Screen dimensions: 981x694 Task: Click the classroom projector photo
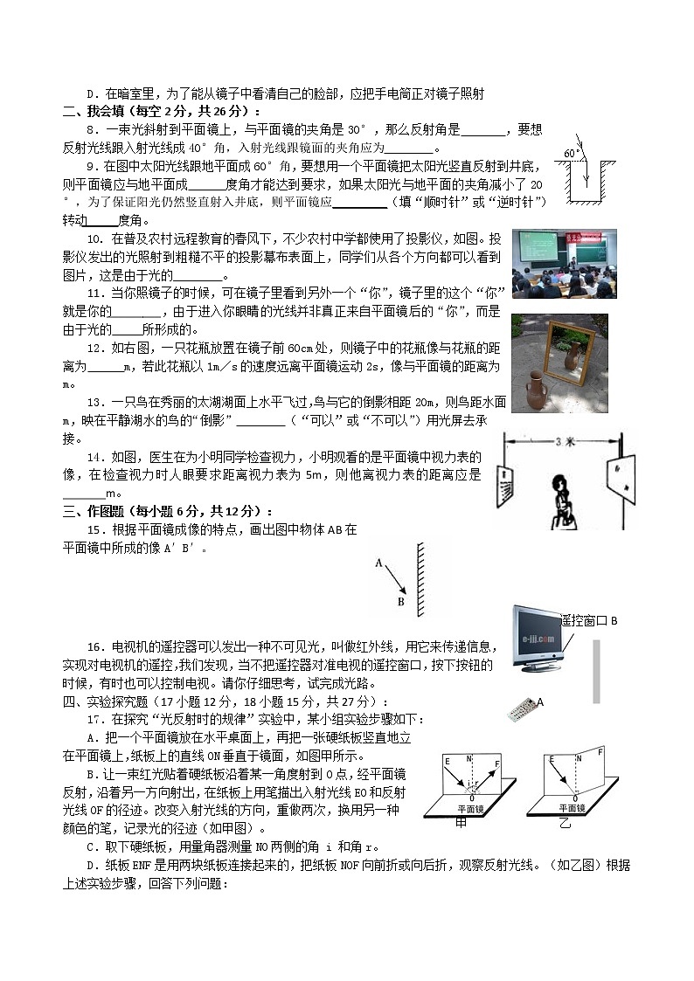[564, 264]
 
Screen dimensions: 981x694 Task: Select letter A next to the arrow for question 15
[378, 563]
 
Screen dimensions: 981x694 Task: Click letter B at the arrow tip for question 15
[400, 601]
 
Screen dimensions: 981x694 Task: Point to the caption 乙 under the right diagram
[565, 823]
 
